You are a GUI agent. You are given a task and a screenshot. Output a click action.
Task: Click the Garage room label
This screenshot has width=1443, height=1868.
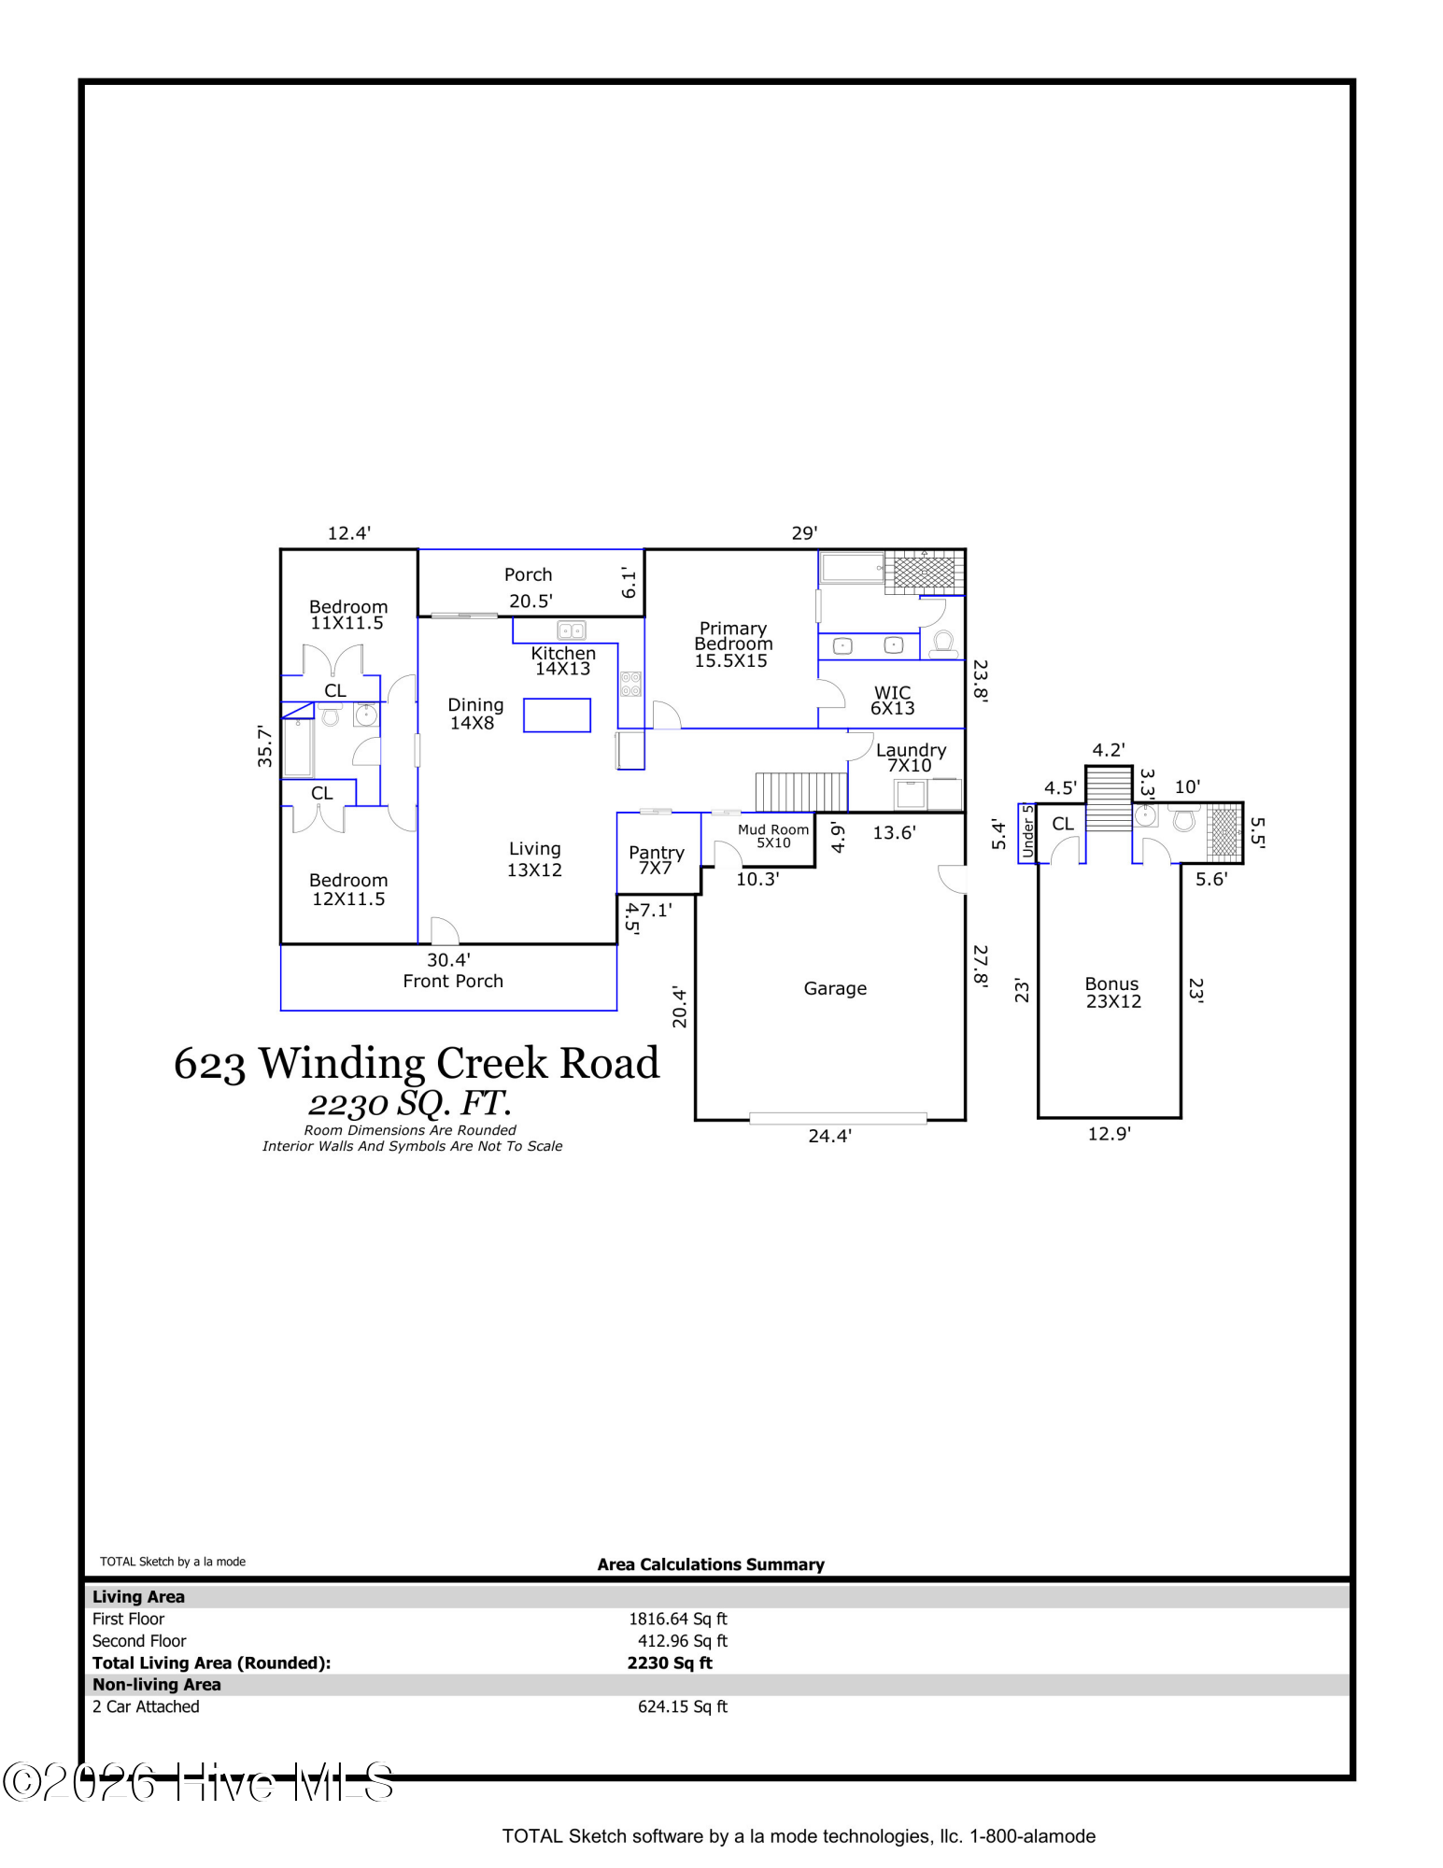(834, 988)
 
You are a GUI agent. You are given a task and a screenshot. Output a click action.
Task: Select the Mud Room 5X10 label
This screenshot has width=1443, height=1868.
(772, 836)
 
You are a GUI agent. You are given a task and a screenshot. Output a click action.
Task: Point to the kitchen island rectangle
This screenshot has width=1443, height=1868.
(557, 715)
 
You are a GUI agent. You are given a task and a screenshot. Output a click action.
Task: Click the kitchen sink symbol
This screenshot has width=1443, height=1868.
(571, 630)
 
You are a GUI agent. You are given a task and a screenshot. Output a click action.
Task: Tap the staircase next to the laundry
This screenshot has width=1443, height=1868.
(799, 792)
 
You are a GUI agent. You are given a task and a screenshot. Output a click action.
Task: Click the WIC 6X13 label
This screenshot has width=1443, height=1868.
(892, 700)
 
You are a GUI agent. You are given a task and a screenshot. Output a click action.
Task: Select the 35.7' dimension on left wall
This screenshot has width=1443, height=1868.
(265, 746)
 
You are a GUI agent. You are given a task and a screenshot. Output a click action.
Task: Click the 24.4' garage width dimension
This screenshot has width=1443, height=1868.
(829, 1137)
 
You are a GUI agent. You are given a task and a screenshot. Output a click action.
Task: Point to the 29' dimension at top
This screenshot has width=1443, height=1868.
(804, 533)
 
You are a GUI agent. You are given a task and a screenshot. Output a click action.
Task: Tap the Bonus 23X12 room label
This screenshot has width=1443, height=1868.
(1112, 993)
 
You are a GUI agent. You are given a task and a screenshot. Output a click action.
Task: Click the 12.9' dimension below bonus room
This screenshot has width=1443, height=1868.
(1109, 1134)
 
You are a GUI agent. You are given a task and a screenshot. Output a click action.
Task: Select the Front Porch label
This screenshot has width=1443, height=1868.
(453, 981)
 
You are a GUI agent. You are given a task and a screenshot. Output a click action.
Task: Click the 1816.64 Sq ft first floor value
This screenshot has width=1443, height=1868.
(677, 1619)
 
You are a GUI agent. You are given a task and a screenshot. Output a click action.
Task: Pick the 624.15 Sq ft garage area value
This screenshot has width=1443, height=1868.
(682, 1706)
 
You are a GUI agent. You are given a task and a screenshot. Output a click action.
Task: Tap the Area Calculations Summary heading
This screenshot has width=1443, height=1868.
(710, 1564)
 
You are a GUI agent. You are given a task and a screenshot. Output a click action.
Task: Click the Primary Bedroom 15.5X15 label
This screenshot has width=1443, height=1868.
(732, 644)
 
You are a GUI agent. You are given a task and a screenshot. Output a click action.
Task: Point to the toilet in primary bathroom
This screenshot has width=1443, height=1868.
(942, 644)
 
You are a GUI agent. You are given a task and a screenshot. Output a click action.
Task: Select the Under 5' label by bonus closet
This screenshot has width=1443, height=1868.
(1027, 831)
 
